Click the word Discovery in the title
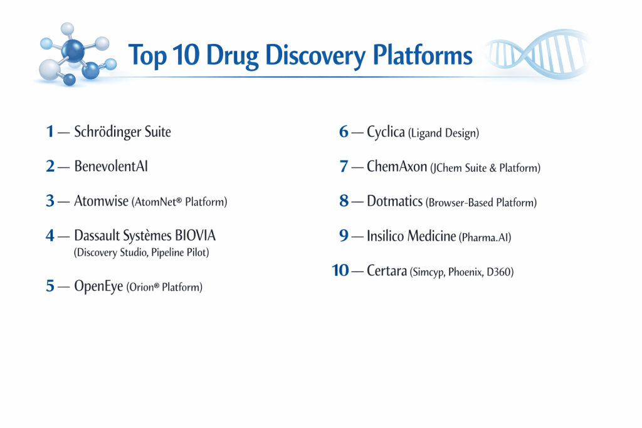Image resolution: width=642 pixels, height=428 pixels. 315,56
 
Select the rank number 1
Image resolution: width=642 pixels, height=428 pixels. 50,132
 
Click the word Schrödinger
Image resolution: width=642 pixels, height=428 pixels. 108,132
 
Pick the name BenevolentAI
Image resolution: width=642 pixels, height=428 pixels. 111,166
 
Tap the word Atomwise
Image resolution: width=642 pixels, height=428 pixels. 101,201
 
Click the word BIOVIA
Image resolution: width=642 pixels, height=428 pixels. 196,235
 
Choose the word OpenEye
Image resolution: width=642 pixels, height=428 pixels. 98,286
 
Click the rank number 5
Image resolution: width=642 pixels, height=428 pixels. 50,286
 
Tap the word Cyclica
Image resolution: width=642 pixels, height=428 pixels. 386,132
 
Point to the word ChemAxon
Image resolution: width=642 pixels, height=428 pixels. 397,166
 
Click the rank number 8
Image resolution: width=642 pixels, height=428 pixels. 344,201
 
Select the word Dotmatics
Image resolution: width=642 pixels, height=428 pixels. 395,201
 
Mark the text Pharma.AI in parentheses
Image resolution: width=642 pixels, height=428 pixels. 485,237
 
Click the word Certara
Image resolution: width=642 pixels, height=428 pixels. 387,271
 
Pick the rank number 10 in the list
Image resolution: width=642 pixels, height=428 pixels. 340,271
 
